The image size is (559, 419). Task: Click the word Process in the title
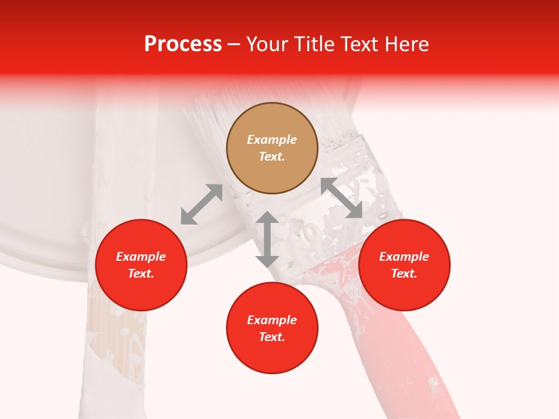[x=183, y=44]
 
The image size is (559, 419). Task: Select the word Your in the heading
[x=267, y=44]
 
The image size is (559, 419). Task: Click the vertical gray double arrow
[x=267, y=239]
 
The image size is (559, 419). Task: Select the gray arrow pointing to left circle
[x=201, y=204]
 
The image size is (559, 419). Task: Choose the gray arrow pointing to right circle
[x=342, y=198]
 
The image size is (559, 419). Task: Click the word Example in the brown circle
[x=272, y=140]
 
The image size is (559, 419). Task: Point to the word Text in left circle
[x=141, y=274]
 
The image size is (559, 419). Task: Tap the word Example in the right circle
[x=404, y=257]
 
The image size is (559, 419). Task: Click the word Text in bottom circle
[x=272, y=337]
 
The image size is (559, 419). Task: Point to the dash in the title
[x=233, y=45]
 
